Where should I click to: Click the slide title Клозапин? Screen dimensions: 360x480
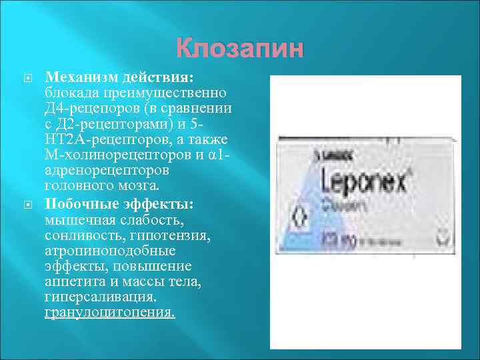[239, 49]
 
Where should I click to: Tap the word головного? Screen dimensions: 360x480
[79, 186]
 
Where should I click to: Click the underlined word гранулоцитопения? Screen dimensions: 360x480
[109, 311]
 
